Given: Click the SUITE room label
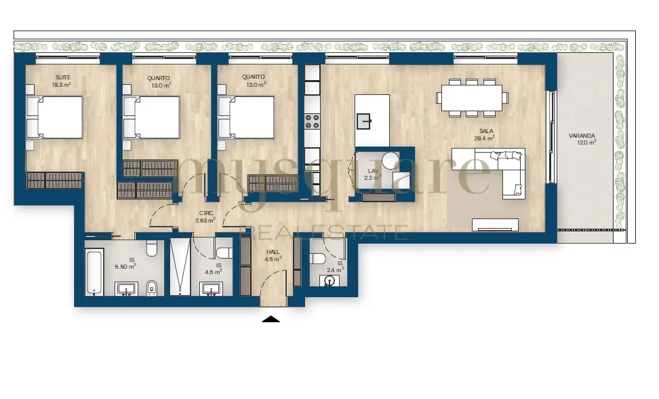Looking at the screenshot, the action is tap(63, 77).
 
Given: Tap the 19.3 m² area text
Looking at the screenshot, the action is tap(62, 85).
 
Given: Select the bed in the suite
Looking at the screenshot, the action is tap(54, 117).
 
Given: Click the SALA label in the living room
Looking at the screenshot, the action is tap(486, 131).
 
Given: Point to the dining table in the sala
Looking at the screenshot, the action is tap(472, 98).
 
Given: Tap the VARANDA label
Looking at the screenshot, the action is tap(582, 136).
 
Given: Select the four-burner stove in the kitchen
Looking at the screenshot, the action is tap(313, 122).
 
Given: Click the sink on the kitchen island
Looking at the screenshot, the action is tap(363, 121).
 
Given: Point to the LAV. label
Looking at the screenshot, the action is tap(373, 171).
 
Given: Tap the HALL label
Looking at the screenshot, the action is tap(273, 252).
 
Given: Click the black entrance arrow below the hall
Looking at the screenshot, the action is tap(271, 319).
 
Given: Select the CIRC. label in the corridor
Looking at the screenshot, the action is tap(206, 213).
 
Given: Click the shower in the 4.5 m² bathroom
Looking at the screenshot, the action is tap(180, 267).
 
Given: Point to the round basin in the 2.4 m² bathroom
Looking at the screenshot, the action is tap(329, 280).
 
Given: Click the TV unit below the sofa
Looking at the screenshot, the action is tap(495, 225).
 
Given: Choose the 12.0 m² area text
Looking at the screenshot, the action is tap(586, 142).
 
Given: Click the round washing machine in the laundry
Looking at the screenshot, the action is tap(391, 161).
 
